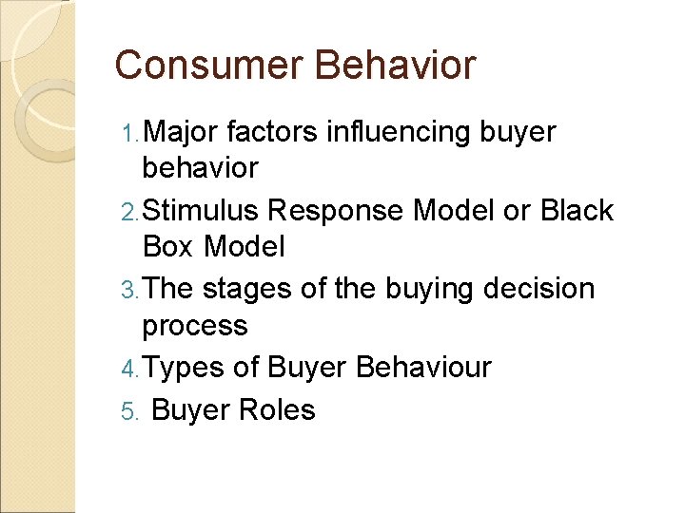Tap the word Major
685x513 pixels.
pos(183,132)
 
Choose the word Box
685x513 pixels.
pos(167,247)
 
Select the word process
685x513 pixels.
pos(194,326)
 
